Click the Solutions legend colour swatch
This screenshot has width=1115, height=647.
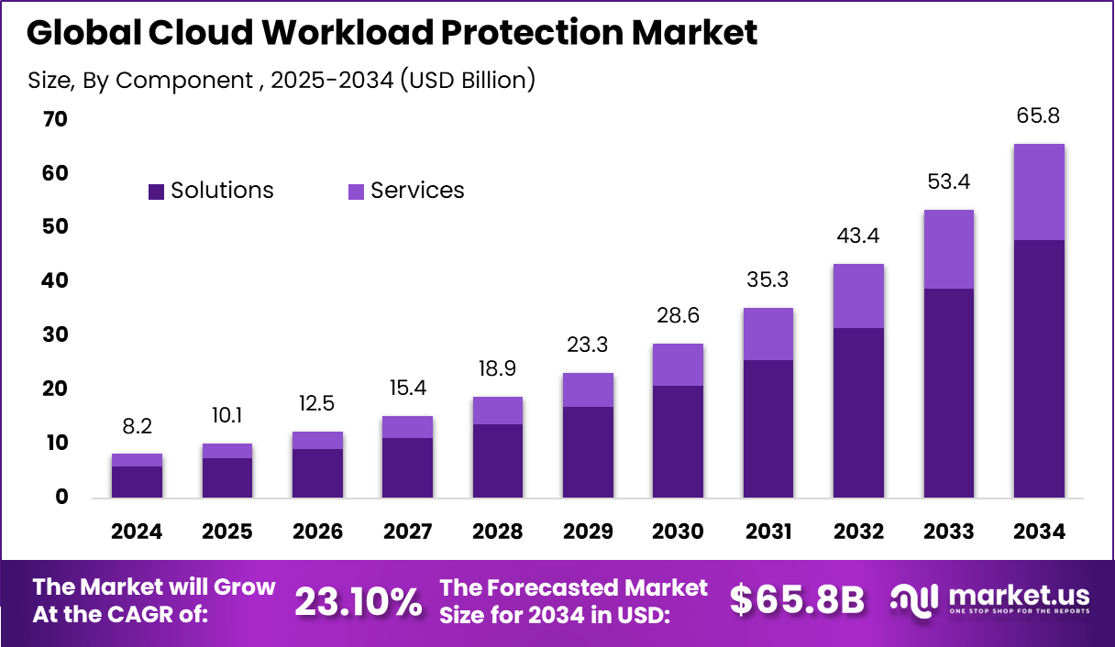coord(156,192)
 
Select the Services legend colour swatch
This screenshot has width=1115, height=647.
coord(356,192)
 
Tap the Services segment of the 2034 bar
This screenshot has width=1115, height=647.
coord(1039,192)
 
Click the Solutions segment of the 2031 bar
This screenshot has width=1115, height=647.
coord(768,429)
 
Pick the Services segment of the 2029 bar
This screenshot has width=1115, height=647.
coord(588,390)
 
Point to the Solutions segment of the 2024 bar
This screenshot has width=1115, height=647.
coord(137,482)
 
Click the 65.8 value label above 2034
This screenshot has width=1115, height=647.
coord(1039,116)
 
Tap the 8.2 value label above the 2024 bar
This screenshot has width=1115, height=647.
coord(137,427)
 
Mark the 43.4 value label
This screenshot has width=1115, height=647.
coord(858,236)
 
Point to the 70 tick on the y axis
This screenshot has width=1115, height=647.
coord(55,119)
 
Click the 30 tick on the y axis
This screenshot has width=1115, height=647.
coord(55,335)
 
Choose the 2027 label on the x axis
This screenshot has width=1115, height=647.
coord(407,532)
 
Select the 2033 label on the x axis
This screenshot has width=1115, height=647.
coord(949,532)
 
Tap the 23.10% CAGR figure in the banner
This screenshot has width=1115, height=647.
coord(358,601)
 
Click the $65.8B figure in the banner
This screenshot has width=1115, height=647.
coord(797,601)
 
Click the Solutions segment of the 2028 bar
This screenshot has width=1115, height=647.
coord(497,461)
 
